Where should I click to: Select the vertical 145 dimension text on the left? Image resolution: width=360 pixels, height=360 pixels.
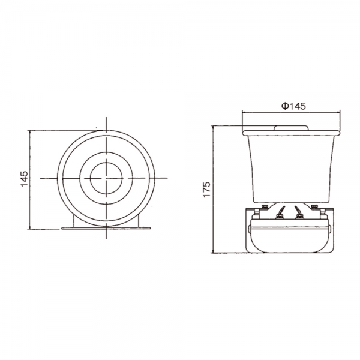pos(24,179)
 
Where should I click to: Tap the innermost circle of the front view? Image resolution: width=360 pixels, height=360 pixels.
pos(107,178)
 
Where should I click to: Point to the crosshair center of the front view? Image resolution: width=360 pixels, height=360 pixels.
pos(107,178)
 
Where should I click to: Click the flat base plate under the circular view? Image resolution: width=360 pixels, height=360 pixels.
pos(107,227)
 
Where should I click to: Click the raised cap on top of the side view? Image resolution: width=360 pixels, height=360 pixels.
pos(292,126)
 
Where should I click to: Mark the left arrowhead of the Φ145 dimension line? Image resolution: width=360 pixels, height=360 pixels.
pos(244,112)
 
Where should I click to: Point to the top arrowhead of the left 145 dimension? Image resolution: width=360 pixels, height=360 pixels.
pos(30,131)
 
